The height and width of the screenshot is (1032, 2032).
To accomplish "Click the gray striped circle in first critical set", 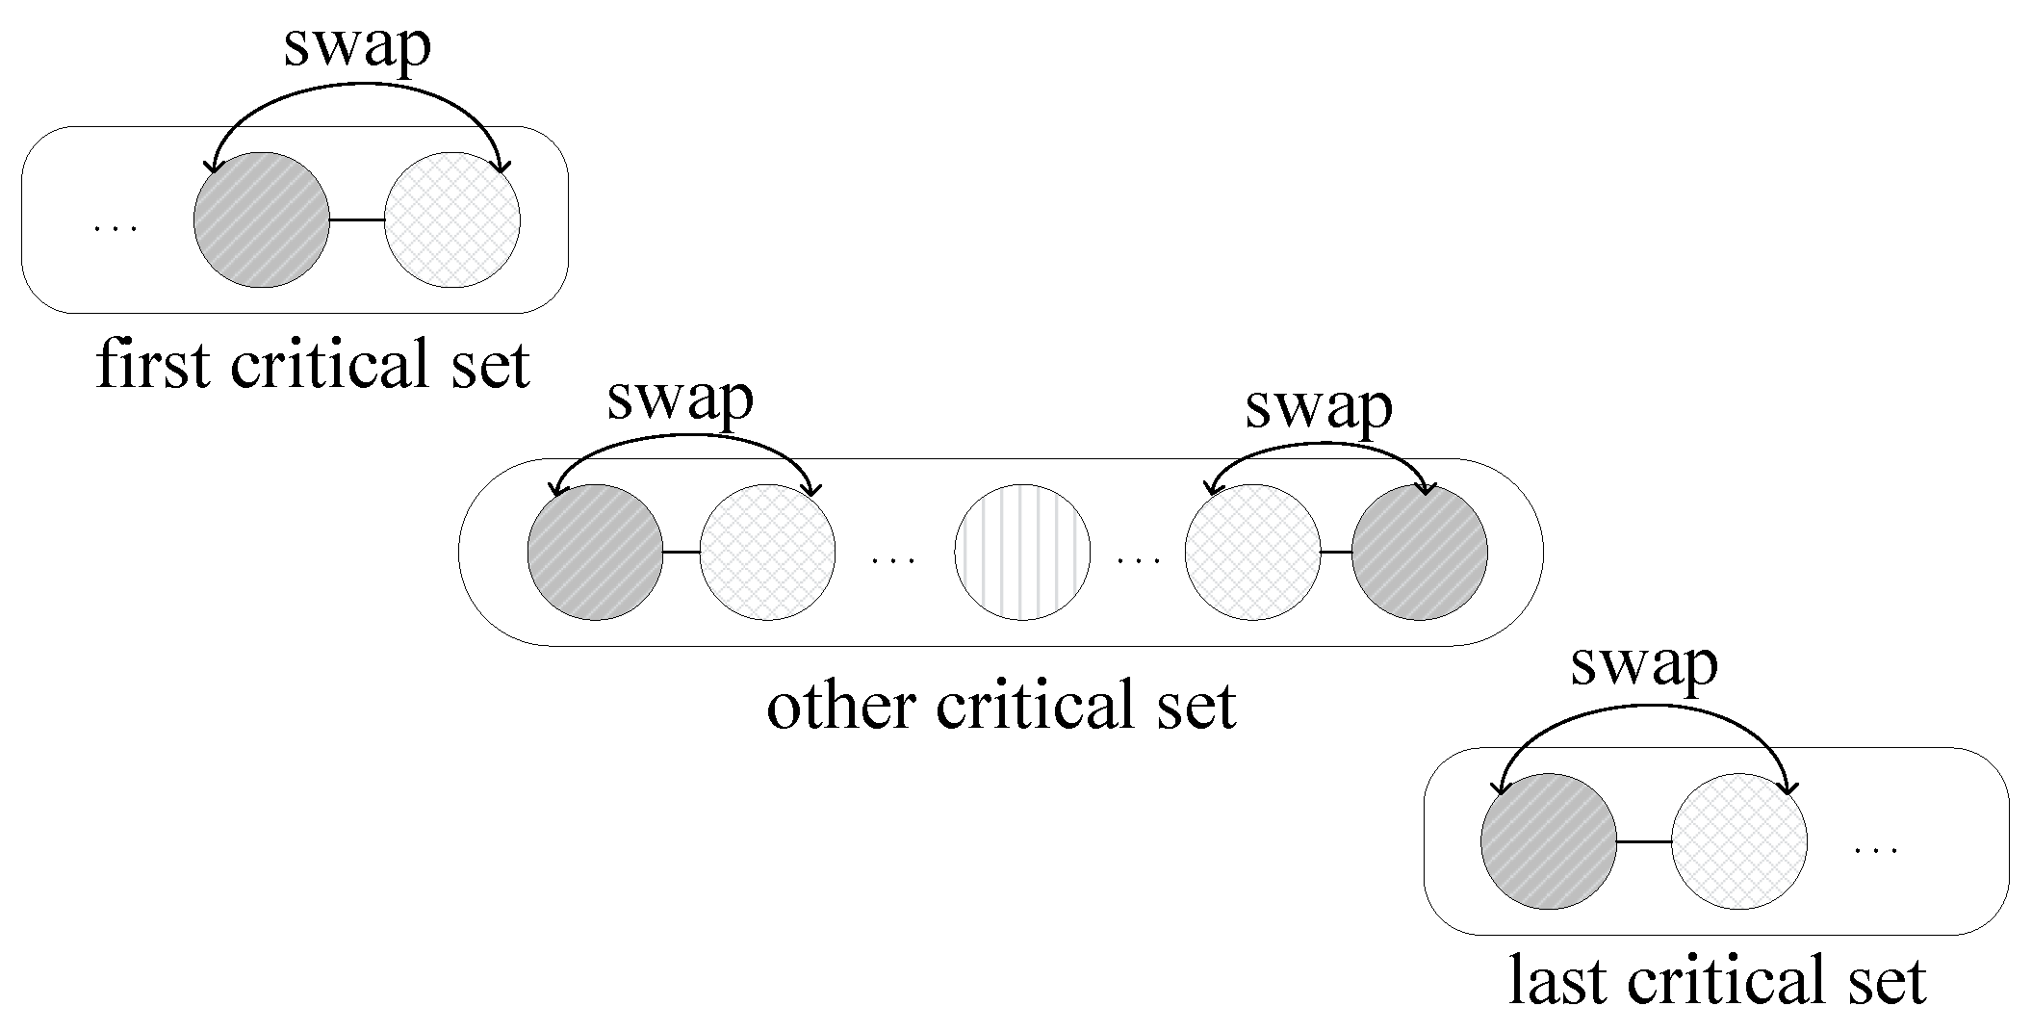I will pyautogui.click(x=261, y=219).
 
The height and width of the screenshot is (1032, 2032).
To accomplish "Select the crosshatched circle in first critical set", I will pyautogui.click(x=452, y=219).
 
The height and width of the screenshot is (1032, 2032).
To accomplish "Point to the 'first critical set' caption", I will pyautogui.click(x=313, y=366).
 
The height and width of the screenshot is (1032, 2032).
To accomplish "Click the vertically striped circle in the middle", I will pyautogui.click(x=1022, y=552).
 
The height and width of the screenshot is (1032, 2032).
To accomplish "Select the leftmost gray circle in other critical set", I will pyautogui.click(x=595, y=552).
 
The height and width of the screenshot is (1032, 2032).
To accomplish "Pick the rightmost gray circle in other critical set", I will pyautogui.click(x=1419, y=552).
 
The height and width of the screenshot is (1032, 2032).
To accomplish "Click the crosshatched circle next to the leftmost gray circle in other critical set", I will pyautogui.click(x=767, y=552).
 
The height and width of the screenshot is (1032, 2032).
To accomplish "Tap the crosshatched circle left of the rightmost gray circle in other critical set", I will pyautogui.click(x=1252, y=552).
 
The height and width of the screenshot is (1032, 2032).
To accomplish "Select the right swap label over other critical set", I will pyautogui.click(x=1318, y=407).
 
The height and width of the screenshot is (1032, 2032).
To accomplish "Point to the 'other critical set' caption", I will pyautogui.click(x=1001, y=706).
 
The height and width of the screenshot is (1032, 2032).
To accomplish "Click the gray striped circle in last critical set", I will pyautogui.click(x=1548, y=841).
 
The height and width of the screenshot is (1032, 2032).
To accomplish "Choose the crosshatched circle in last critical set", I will pyautogui.click(x=1738, y=841).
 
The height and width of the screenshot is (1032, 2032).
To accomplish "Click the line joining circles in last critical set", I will pyautogui.click(x=1643, y=841).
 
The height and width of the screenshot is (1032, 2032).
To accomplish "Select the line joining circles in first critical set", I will pyautogui.click(x=356, y=220).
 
